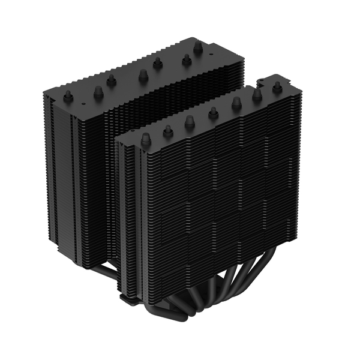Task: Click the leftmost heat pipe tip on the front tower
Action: tap(145, 139)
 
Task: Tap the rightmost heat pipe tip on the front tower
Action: tap(277, 86)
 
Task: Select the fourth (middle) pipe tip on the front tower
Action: tap(213, 112)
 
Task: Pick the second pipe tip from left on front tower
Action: tap(168, 130)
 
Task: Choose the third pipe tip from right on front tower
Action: tap(236, 103)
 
